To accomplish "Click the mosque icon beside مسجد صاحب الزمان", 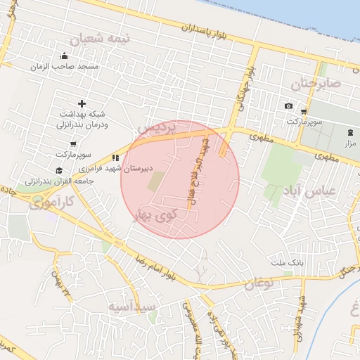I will pos(65,56).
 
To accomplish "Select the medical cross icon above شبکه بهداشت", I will pos(82,103).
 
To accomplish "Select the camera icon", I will pos(288,106).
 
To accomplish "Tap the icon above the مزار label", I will pos(350,133).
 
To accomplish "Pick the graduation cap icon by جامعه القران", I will pos(58,170).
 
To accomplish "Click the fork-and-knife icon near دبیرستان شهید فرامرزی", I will pos(115,158).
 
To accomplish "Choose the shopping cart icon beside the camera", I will pos(304,111).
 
